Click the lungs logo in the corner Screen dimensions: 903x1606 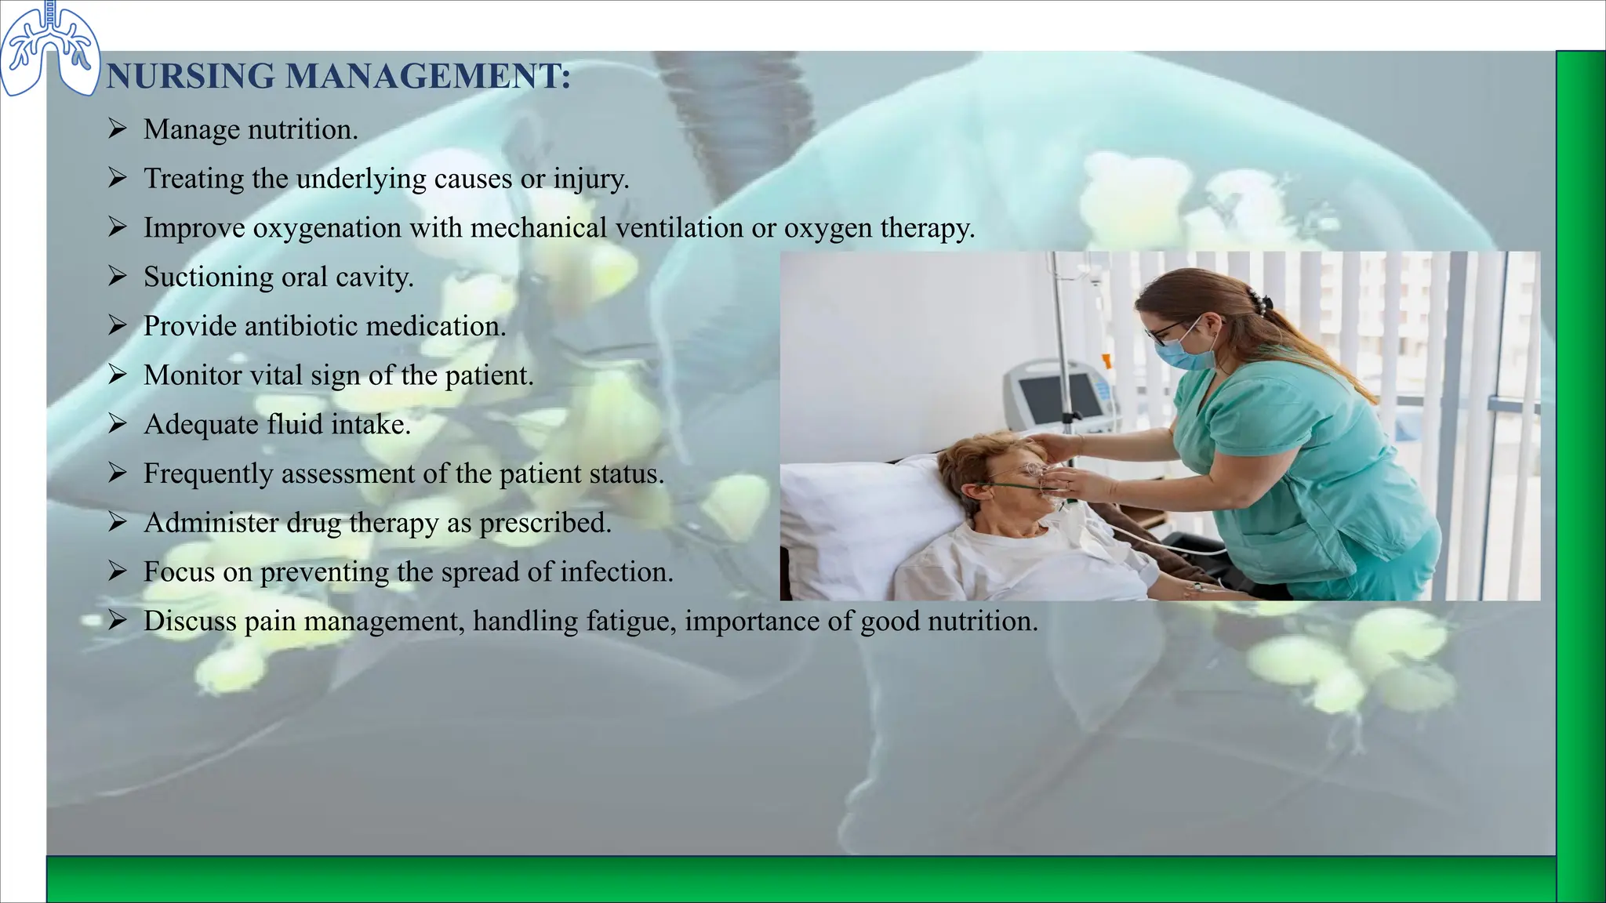(49, 49)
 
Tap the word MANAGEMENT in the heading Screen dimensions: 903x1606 (427, 77)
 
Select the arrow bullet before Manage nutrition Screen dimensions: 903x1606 (118, 129)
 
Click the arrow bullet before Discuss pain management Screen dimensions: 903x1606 (118, 622)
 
